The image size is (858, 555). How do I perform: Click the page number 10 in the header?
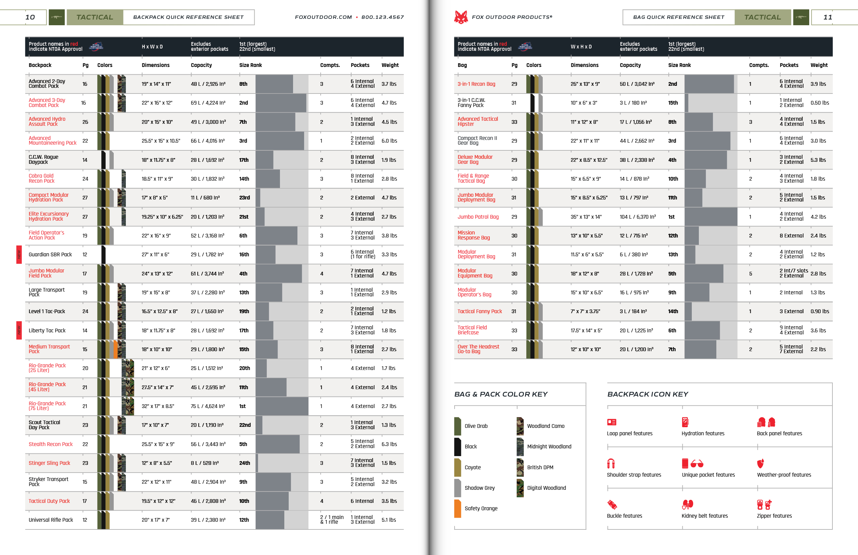(x=30, y=17)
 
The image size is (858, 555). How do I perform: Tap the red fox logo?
(x=461, y=17)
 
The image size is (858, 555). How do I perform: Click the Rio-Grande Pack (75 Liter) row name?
(x=47, y=406)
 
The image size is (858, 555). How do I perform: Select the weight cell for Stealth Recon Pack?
(x=389, y=444)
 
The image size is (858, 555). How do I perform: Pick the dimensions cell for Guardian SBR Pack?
(x=155, y=254)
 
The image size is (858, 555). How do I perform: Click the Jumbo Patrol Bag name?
(x=478, y=217)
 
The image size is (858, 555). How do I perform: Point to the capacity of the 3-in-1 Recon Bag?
(x=637, y=84)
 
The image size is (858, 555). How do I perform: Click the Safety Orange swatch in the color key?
(x=458, y=508)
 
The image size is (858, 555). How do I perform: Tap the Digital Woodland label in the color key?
(x=546, y=488)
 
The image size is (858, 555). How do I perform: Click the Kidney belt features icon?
(x=687, y=504)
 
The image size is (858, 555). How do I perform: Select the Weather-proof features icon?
(x=760, y=463)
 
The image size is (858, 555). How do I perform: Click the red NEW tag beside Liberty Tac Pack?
(x=19, y=330)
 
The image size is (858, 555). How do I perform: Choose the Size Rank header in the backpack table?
(x=251, y=65)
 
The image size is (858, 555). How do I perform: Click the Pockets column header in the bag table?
(x=789, y=65)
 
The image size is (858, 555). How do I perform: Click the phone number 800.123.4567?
(x=383, y=17)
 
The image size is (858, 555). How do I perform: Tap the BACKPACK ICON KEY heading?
(x=647, y=394)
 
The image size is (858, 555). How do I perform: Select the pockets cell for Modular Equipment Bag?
(x=793, y=273)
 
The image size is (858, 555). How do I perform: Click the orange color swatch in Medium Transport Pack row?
(x=115, y=349)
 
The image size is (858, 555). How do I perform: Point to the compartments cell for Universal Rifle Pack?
(x=332, y=520)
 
